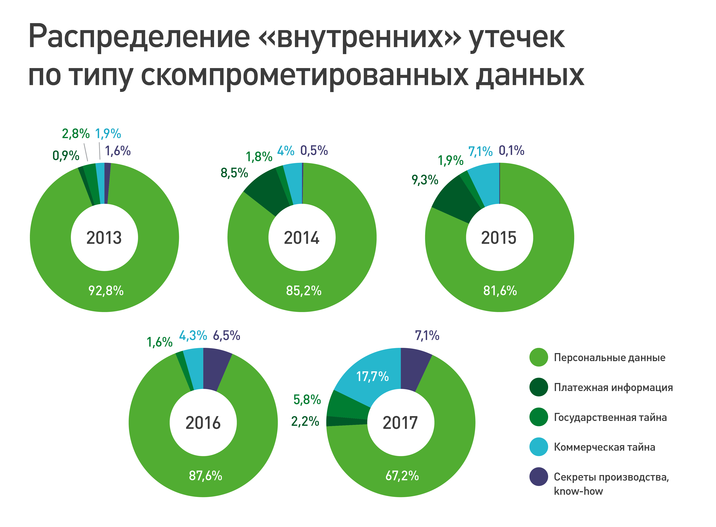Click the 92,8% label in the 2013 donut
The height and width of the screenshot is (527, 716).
pos(106,291)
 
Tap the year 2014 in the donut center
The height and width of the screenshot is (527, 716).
pos(301,238)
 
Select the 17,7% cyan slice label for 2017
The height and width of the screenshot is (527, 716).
pos(372,376)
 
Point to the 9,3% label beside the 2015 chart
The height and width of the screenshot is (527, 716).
pos(425,180)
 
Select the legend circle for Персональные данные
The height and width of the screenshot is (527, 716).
pos(538,357)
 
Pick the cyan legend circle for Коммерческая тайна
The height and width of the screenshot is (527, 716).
pos(538,447)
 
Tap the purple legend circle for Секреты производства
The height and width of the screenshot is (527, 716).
pos(538,477)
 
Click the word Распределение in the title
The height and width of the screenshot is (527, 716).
pos(139,37)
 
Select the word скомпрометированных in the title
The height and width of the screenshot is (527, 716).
pos(305,76)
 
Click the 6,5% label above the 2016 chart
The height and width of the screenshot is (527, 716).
pos(227,336)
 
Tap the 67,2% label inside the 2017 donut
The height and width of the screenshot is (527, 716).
pos(402,476)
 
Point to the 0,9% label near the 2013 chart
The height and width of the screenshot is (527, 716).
pos(66,156)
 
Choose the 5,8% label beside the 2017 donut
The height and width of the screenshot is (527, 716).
pos(307,399)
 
